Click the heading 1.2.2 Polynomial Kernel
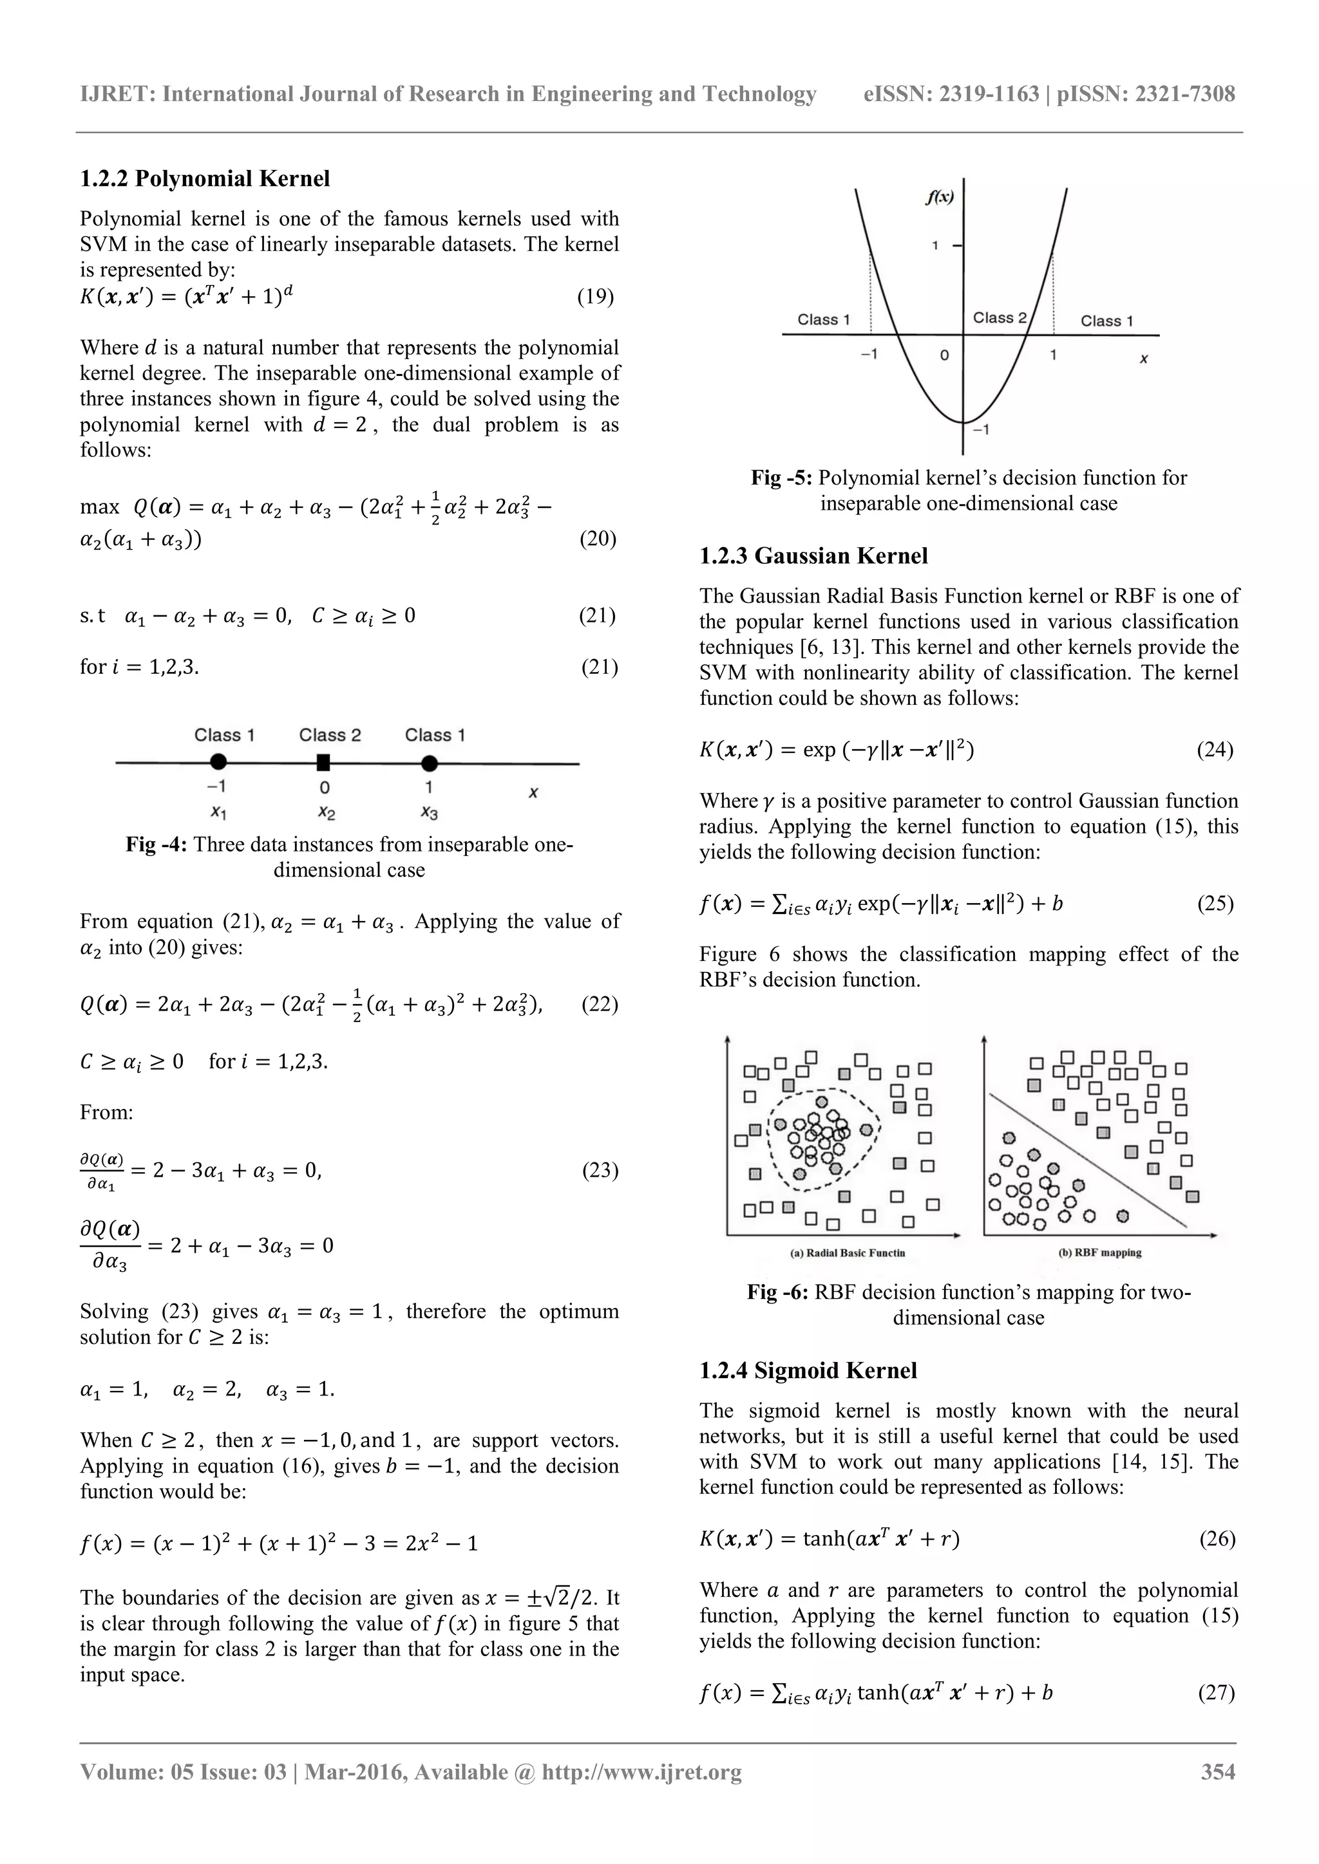pos(205,178)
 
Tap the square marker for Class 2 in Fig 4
pos(323,762)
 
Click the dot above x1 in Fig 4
pos(218,761)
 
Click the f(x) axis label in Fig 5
pos(940,196)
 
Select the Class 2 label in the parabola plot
pos(1000,318)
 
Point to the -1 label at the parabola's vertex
pos(981,429)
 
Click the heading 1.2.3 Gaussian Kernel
pos(813,556)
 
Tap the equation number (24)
pos(1215,749)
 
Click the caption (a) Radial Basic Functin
pos(847,1253)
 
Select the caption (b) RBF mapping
pos(1100,1253)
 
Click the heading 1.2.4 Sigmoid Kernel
pos(808,1370)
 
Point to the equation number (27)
pos(1216,1693)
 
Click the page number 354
pos(1219,1772)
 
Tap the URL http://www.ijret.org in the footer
pos(641,1772)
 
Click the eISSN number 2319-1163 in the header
pos(989,94)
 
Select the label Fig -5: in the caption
pos(781,478)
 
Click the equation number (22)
pos(600,1004)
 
